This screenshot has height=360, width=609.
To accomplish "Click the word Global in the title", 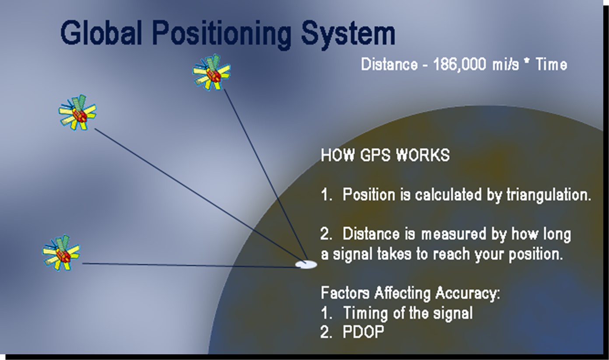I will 101,34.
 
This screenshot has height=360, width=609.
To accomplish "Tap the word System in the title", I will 350,34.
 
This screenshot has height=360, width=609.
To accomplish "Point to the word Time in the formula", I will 551,65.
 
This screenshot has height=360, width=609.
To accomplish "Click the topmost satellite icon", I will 212,73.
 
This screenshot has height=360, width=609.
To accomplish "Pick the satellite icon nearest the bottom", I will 61,252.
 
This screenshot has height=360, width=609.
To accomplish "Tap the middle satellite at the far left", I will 78,113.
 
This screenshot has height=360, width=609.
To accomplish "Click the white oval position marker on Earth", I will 306,264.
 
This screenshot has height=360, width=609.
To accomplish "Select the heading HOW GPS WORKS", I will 385,155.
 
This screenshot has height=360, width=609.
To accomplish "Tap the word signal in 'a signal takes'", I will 353,255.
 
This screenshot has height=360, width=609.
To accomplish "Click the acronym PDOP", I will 364,332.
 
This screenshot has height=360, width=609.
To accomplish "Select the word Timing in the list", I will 365,313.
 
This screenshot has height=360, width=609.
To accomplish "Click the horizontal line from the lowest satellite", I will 188,265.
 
